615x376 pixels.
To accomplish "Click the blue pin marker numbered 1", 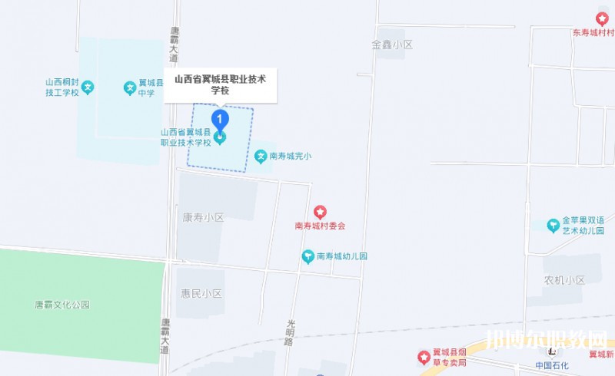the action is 220,120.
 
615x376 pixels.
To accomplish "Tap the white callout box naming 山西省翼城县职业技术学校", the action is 220,84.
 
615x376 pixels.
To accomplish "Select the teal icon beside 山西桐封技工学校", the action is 88,87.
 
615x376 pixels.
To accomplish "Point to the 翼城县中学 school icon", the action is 131,87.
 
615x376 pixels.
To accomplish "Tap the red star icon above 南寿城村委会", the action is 320,212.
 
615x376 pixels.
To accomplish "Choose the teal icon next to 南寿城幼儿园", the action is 307,256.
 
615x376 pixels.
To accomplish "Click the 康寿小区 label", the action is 203,217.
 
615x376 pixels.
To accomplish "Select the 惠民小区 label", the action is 201,293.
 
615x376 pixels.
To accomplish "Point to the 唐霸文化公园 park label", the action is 62,305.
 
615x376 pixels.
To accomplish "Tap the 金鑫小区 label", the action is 392,45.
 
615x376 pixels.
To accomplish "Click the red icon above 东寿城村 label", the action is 602,19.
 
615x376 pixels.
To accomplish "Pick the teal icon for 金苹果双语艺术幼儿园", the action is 553,225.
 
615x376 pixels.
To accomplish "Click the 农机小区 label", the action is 564,280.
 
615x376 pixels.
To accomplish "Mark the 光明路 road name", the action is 291,332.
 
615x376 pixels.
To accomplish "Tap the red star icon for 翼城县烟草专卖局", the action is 424,357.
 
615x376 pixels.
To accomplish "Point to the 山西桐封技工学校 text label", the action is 61,87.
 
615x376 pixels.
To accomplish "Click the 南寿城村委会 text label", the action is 321,226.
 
